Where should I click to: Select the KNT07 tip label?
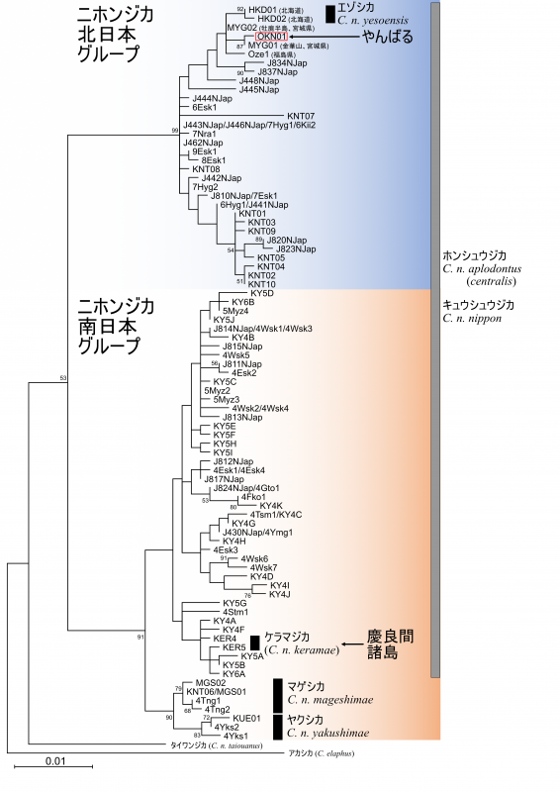coord(301,116)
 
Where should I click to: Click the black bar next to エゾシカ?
coord(330,14)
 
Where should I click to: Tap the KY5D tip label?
coord(262,293)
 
